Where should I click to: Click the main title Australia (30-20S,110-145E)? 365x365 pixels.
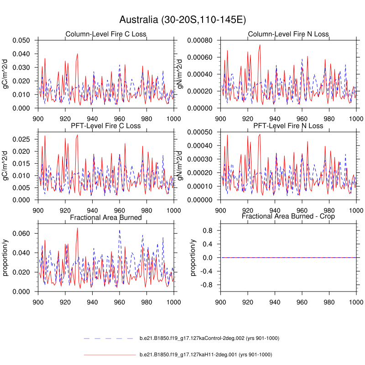[x=182, y=20]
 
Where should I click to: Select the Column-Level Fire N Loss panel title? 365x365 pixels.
[x=288, y=34]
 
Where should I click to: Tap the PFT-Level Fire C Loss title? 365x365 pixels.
[x=105, y=125]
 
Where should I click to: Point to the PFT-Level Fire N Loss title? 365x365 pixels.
[x=288, y=125]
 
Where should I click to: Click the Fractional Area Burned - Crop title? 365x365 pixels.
[x=288, y=216]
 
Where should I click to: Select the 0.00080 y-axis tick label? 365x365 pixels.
[x=200, y=40]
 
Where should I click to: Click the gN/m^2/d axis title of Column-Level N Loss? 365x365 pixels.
[x=184, y=74]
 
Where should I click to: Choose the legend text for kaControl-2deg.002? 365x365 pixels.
[x=209, y=338]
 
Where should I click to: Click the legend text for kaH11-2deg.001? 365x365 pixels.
[x=206, y=355]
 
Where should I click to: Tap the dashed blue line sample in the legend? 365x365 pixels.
[x=109, y=338]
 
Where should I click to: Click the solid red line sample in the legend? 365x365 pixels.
[x=109, y=355]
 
